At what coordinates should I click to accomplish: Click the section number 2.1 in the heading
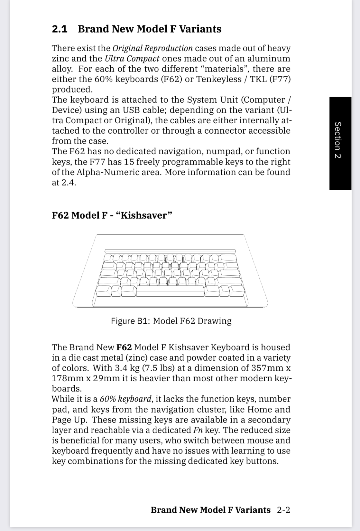coord(60,29)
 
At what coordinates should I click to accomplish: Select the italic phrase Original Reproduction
coord(152,48)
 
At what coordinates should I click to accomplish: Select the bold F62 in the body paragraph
coord(124,347)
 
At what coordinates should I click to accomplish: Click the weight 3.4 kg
coord(127,368)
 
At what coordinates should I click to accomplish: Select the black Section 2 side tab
coord(340,143)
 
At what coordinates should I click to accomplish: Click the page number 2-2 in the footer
coord(283,510)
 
